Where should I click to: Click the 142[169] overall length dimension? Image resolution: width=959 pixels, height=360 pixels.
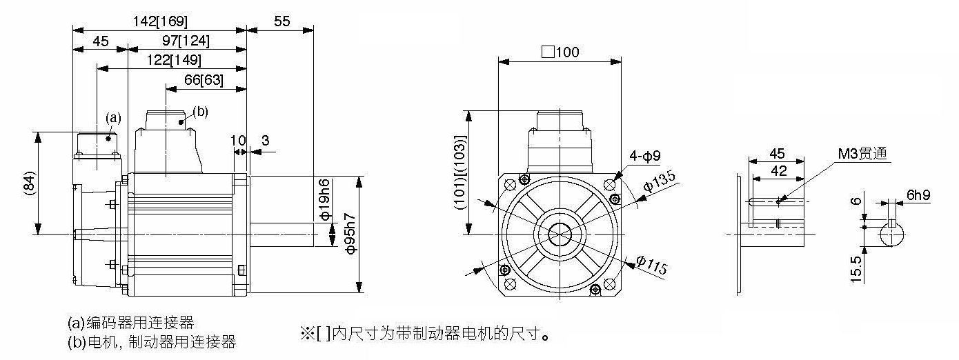tap(159, 21)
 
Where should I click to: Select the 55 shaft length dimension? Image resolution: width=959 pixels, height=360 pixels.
tap(281, 21)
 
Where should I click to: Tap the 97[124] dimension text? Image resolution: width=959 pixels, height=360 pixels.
tap(186, 41)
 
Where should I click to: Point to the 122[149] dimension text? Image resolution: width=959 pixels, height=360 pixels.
tap(174, 60)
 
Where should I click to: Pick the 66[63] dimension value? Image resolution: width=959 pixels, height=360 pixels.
tap(204, 80)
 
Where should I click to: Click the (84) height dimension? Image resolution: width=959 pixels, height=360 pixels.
tap(29, 184)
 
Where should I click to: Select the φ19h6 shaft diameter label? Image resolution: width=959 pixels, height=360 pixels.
tap(325, 199)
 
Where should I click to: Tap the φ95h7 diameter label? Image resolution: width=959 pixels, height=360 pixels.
tap(350, 233)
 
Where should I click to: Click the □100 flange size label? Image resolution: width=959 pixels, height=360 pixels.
tap(560, 52)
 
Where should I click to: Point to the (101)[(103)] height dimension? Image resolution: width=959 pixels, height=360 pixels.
tap(459, 172)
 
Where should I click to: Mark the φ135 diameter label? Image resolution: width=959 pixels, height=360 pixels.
tap(660, 181)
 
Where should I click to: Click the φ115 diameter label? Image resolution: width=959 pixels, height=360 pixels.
tap(651, 266)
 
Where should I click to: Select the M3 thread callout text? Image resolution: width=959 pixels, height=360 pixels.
tap(862, 153)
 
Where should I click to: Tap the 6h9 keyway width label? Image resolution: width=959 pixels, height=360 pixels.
tap(918, 195)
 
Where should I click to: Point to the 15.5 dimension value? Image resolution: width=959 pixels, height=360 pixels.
tap(856, 269)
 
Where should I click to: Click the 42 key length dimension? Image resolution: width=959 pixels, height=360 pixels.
tap(778, 171)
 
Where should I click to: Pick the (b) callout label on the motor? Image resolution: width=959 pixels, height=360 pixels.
tap(200, 112)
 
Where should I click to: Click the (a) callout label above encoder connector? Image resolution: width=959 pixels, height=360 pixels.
tap(113, 118)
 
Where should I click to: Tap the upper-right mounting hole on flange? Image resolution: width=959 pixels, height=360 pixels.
tap(609, 185)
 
